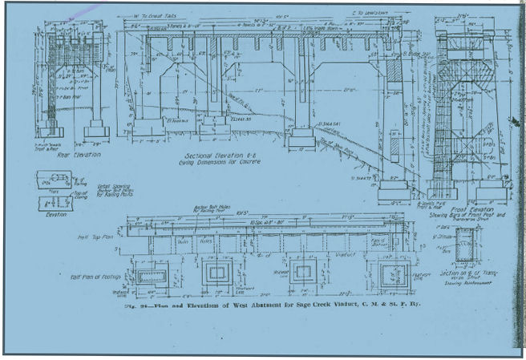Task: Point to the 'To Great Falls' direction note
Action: (156, 15)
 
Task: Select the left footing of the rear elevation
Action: (51, 129)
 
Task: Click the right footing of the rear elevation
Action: (97, 129)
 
